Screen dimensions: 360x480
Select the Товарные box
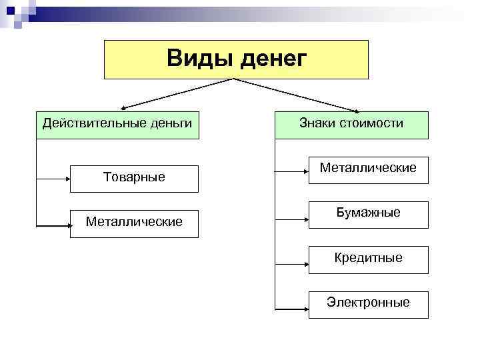[135, 178]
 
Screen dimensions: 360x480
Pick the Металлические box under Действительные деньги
[135, 221]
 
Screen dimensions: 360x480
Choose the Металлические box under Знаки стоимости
[368, 168]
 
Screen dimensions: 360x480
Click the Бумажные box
[368, 213]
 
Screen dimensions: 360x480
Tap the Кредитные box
[368, 257]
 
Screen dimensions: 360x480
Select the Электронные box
[368, 303]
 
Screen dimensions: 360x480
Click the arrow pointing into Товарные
[53, 179]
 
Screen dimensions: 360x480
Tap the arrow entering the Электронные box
[291, 309]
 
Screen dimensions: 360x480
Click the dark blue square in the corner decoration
[11, 9]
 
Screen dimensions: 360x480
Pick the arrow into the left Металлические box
[53, 227]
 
